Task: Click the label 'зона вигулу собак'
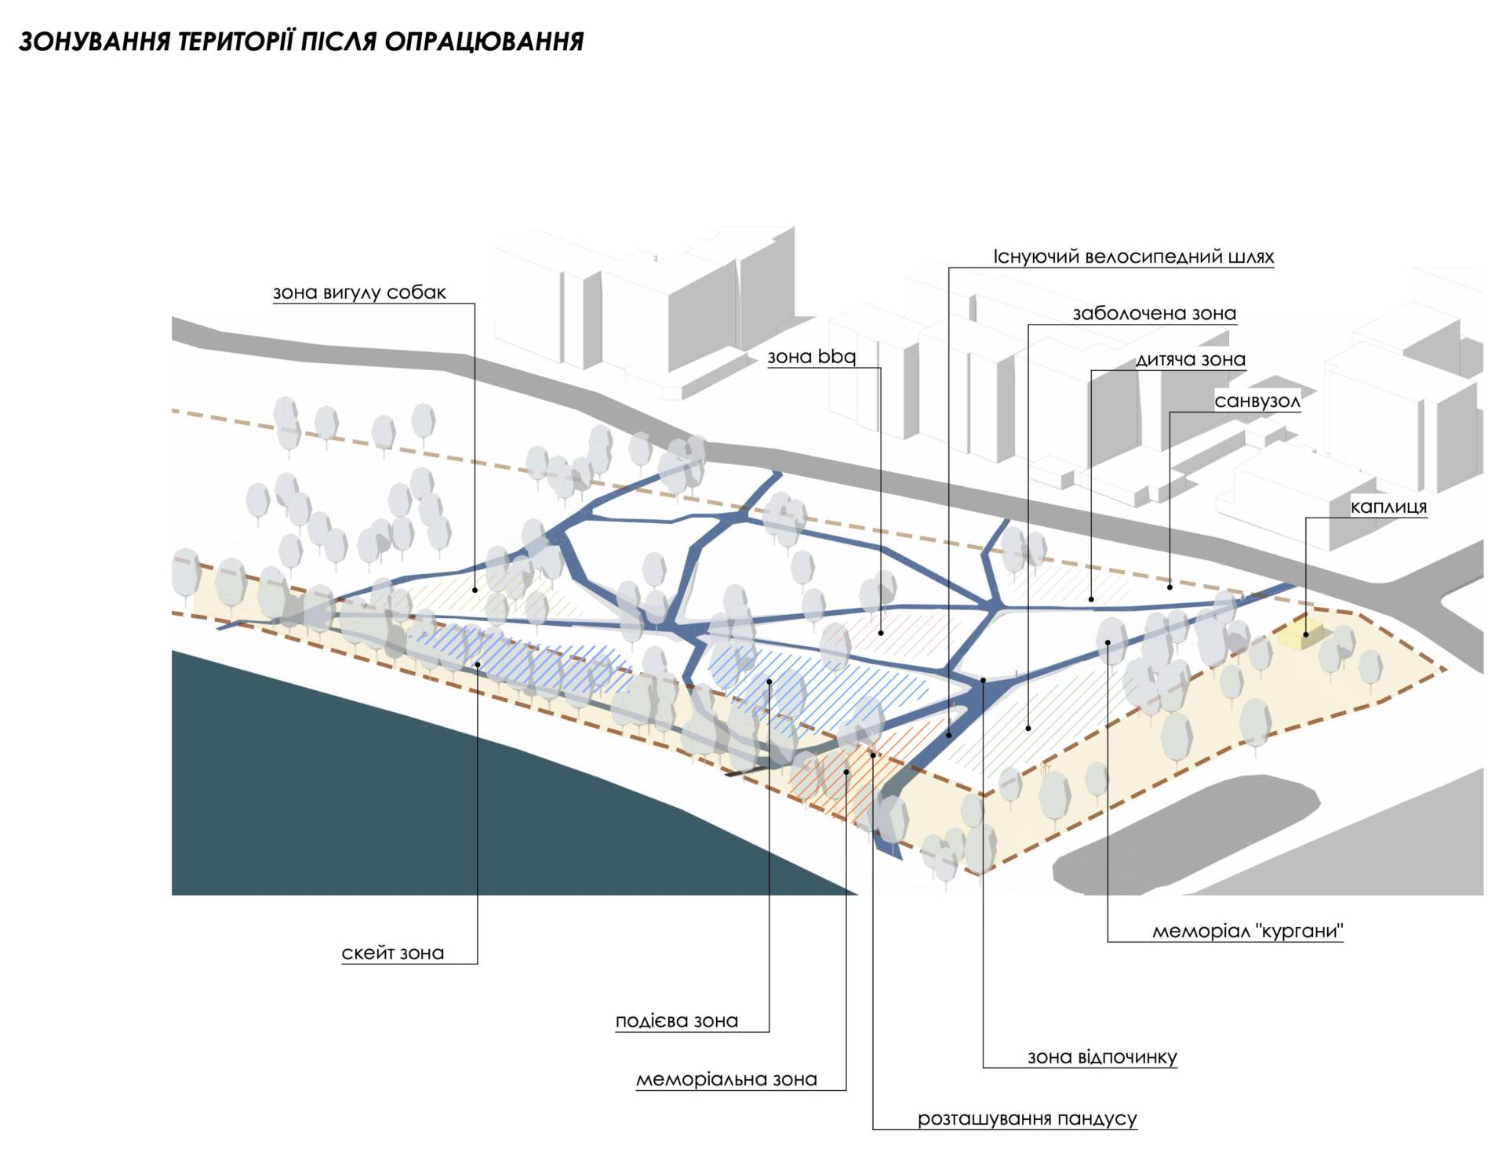coord(359,293)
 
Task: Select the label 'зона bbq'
coord(811,357)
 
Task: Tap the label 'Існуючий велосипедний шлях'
coord(1133,256)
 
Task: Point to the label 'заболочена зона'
coord(1154,314)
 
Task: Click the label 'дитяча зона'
coord(1191,360)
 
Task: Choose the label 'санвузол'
coord(1257,402)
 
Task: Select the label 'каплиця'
coord(1388,507)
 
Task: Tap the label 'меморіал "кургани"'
coord(1248,932)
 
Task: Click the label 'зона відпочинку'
coord(1102,1057)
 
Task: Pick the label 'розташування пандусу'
coord(1028,1119)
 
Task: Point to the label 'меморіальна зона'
coord(726,1080)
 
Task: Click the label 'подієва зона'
coord(677,1021)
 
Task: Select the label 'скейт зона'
coord(393,954)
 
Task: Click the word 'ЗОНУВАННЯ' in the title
coord(94,42)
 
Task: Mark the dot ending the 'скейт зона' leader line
coord(478,664)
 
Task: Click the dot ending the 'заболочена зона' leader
coord(1028,729)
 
